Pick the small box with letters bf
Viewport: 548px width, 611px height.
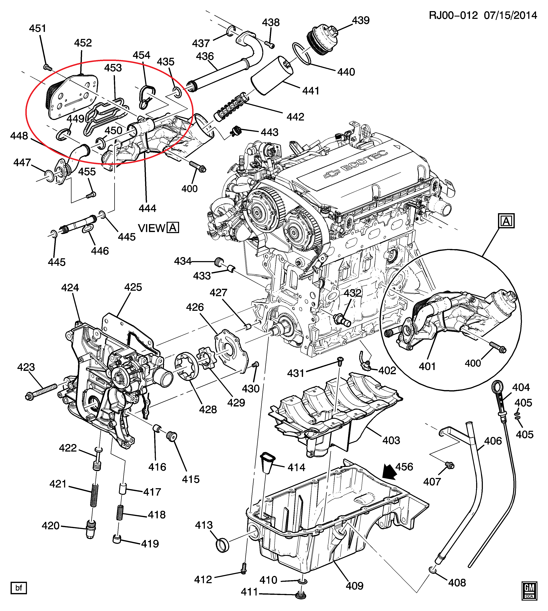click(19, 588)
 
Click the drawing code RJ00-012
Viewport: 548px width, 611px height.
click(453, 15)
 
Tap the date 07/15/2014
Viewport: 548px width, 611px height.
click(510, 15)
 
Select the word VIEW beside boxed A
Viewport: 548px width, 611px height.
click(151, 228)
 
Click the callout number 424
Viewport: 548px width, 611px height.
click(70, 288)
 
